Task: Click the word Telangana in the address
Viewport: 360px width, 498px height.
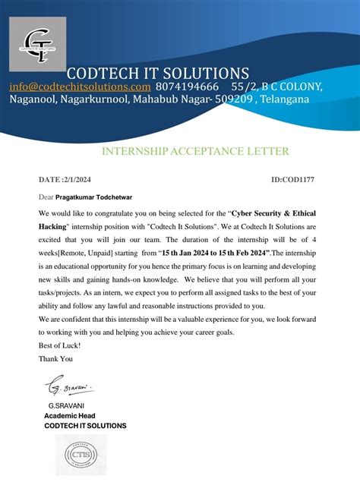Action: pos(284,99)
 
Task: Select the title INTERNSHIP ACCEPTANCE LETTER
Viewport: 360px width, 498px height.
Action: pos(194,151)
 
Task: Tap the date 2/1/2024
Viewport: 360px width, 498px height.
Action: pos(86,180)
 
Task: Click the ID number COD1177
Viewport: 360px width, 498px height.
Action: pos(299,180)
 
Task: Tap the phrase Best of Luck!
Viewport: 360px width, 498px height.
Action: pos(58,345)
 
